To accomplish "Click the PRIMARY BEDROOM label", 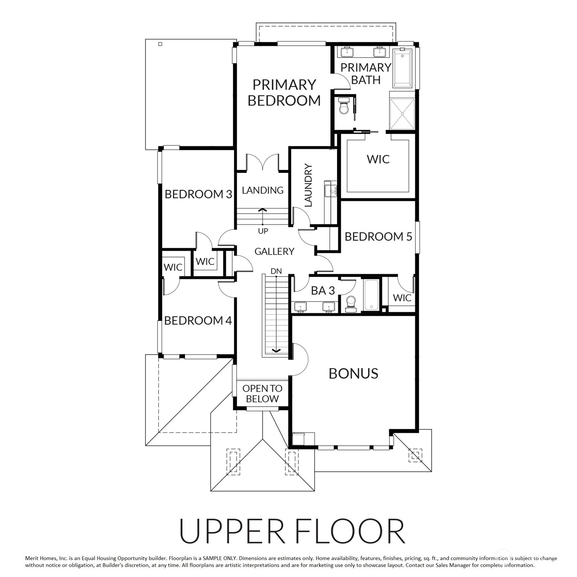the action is pos(284,92).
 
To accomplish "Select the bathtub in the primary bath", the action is pos(402,69).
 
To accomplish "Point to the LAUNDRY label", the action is pos(308,185).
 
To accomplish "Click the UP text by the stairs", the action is pos(263,231).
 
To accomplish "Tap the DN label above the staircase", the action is pos(276,271).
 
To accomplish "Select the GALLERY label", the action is pos(274,252).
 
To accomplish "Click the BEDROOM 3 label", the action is pos(198,194).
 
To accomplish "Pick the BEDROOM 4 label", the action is pos(198,320).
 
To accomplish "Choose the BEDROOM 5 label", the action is pos(378,237).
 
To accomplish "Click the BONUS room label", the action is pos(353,373).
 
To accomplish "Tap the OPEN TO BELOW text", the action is pos(262,393).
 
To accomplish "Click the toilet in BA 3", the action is pos(350,304).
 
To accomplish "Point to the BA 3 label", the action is pos(323,290).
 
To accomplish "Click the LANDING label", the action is pos(262,190).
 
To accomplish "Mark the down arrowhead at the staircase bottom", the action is pos(276,350).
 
